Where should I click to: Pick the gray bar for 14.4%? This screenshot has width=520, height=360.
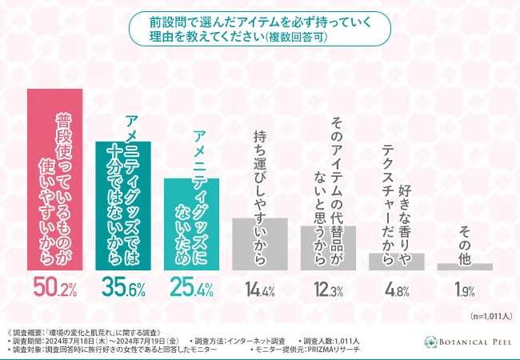259,244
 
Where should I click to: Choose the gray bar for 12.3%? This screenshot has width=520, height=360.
328,248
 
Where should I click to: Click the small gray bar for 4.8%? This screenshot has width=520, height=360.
396,262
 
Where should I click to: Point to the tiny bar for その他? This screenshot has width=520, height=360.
465,266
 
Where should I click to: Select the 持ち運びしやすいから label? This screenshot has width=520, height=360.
259,171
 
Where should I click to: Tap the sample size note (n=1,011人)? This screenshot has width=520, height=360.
490,316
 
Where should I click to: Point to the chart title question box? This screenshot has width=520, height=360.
260,29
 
